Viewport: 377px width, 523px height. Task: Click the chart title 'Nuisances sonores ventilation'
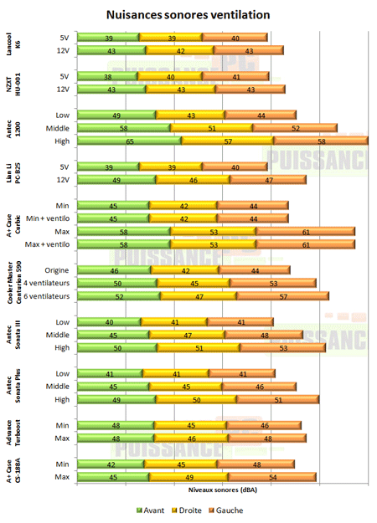pos(188,15)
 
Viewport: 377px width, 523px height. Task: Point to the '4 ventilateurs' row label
pos(47,283)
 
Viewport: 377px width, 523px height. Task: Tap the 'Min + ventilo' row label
pos(49,218)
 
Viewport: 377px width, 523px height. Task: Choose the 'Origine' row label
pos(56,270)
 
